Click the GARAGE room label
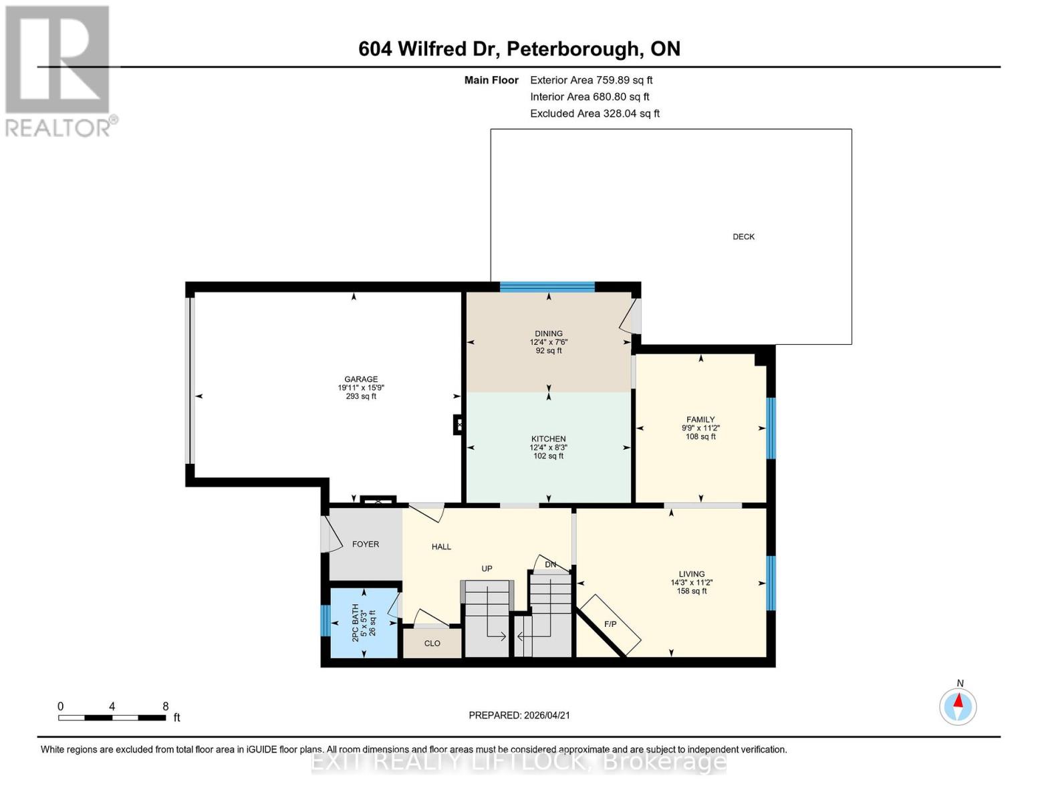coord(361,379)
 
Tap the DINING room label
coord(548,333)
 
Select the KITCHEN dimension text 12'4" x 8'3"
coord(548,448)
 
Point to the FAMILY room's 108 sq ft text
coord(700,437)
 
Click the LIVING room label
coord(691,574)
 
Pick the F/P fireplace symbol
coord(610,624)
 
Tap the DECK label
coord(743,237)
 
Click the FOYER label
coord(366,545)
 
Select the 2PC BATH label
coord(356,623)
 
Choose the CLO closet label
coord(432,644)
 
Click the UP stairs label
coord(487,569)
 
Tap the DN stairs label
coord(550,565)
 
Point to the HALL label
coord(441,547)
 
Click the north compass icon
coord(958,706)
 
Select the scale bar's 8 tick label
coord(165,706)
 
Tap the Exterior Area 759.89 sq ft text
coord(591,80)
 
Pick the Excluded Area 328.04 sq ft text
coord(594,114)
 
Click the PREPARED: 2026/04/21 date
coord(519,715)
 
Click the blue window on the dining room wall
coord(547,287)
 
